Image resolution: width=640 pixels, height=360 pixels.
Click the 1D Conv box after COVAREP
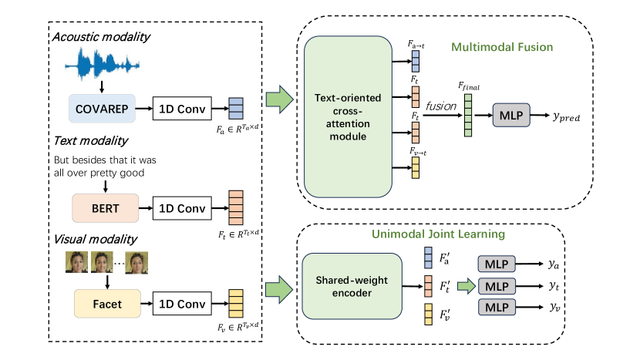pyautogui.click(x=181, y=109)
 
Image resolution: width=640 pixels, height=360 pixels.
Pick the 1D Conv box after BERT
pyautogui.click(x=181, y=207)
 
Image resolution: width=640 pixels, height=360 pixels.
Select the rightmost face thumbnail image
pyautogui.click(x=136, y=263)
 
